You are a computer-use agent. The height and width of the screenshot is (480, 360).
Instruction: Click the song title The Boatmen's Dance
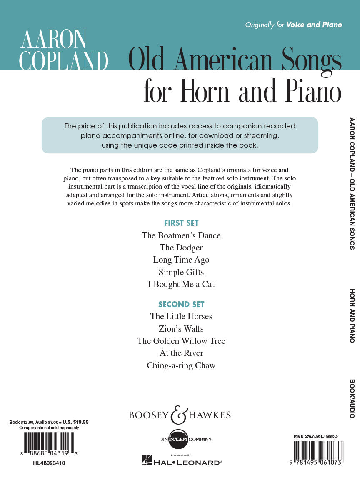(181, 235)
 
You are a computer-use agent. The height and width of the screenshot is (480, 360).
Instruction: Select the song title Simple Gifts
(181, 272)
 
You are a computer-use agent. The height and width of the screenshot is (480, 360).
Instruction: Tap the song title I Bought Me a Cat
(181, 284)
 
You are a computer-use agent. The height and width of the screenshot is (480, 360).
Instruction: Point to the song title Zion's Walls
(181, 329)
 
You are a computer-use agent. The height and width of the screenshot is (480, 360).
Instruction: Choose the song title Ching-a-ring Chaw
(181, 365)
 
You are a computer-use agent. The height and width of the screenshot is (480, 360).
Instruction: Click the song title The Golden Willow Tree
(181, 341)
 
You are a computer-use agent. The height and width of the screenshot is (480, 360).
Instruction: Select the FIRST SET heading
(181, 223)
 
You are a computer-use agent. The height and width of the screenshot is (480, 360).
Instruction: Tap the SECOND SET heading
(181, 304)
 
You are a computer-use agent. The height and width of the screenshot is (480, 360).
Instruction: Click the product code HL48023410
(49, 462)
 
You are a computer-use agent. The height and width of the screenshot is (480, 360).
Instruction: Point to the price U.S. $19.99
(75, 422)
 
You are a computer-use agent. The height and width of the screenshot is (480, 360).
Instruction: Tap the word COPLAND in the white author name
(64, 61)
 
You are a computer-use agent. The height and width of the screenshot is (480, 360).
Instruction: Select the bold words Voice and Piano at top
(314, 25)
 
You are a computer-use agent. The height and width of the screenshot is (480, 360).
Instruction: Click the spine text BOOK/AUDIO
(352, 398)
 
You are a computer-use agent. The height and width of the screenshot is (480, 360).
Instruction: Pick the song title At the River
(181, 353)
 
